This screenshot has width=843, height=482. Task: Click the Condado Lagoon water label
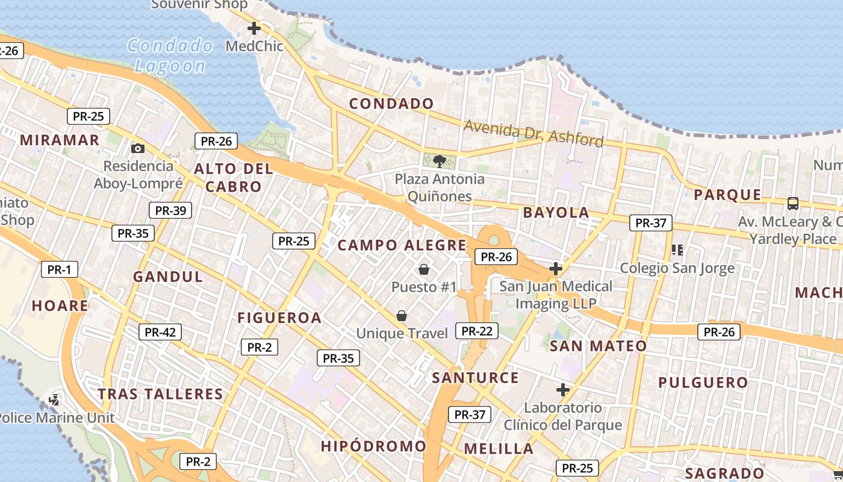pyautogui.click(x=170, y=55)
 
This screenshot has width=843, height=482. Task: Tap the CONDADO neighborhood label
pyautogui.click(x=391, y=104)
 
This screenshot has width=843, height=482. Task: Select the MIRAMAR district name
pyautogui.click(x=60, y=140)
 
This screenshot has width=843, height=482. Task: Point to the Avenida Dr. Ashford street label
pyautogui.click(x=533, y=133)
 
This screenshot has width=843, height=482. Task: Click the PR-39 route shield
pyautogui.click(x=170, y=210)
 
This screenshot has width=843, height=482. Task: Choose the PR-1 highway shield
pyautogui.click(x=60, y=269)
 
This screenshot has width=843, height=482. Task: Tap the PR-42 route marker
pyautogui.click(x=160, y=332)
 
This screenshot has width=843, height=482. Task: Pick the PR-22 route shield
pyautogui.click(x=476, y=330)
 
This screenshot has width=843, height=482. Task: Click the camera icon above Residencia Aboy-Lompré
pyautogui.click(x=138, y=148)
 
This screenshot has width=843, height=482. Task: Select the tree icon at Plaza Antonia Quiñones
pyautogui.click(x=440, y=161)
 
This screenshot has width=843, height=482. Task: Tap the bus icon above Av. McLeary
pyautogui.click(x=793, y=203)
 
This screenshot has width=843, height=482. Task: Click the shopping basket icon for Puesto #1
pyautogui.click(x=424, y=269)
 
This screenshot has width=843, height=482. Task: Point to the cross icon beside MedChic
pyautogui.click(x=254, y=28)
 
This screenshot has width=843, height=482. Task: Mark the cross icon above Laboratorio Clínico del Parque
pyautogui.click(x=563, y=390)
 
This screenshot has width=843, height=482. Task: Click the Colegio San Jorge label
pyautogui.click(x=677, y=268)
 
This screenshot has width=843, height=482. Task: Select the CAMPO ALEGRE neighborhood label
pyautogui.click(x=402, y=245)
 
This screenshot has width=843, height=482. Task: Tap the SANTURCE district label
pyautogui.click(x=475, y=378)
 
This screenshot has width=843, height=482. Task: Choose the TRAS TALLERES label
pyautogui.click(x=161, y=394)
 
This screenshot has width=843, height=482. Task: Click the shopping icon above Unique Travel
pyautogui.click(x=402, y=316)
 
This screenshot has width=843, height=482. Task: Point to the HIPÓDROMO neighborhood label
pyautogui.click(x=373, y=446)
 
